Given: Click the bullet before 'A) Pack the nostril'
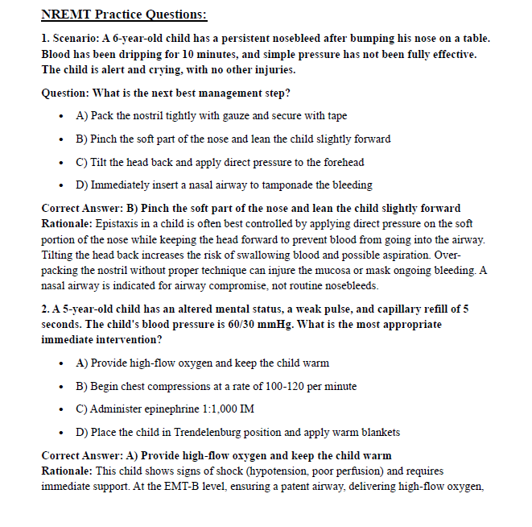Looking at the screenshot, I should coord(62,116).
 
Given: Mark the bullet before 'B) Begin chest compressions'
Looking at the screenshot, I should coord(62,387).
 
